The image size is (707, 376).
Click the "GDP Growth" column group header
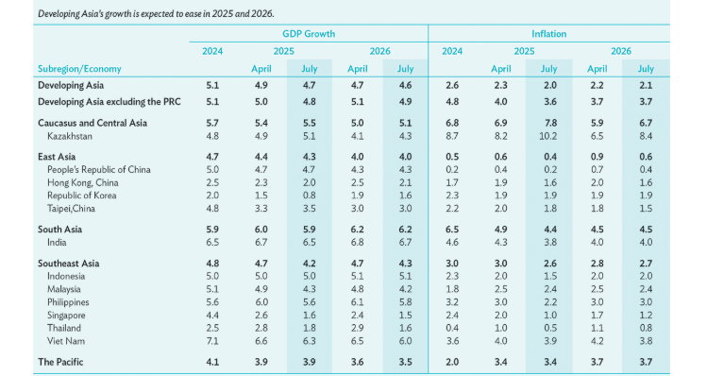coord(309,33)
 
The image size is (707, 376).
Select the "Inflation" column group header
coord(549,33)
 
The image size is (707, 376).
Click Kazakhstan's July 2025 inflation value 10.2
coord(548,136)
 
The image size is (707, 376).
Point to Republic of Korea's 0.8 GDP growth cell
coord(309,195)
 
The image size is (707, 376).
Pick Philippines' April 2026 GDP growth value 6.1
coord(357,301)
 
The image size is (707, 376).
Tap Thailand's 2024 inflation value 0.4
coord(452,327)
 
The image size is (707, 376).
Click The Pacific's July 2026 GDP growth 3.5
coord(405,362)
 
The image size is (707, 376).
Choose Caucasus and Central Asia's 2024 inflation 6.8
coord(452,123)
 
